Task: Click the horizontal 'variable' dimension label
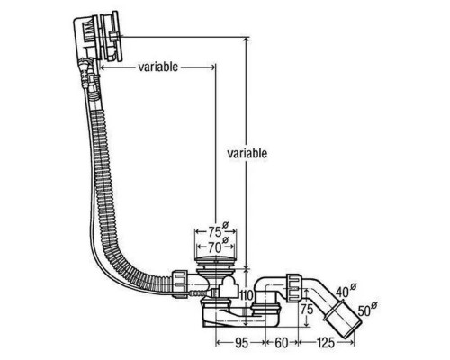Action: [158, 67]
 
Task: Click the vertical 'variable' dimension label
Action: [247, 153]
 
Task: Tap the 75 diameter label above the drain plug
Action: [215, 231]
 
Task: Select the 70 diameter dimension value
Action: [215, 247]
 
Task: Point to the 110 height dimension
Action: [247, 296]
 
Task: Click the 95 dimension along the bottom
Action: [241, 343]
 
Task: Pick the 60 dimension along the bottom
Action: [282, 343]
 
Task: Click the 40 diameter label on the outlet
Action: [342, 292]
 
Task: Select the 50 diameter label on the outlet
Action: [364, 311]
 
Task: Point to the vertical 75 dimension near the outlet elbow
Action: [307, 309]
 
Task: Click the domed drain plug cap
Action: [215, 261]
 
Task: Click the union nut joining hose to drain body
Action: [180, 283]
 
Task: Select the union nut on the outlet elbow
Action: [293, 287]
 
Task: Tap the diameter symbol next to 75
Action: [226, 225]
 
